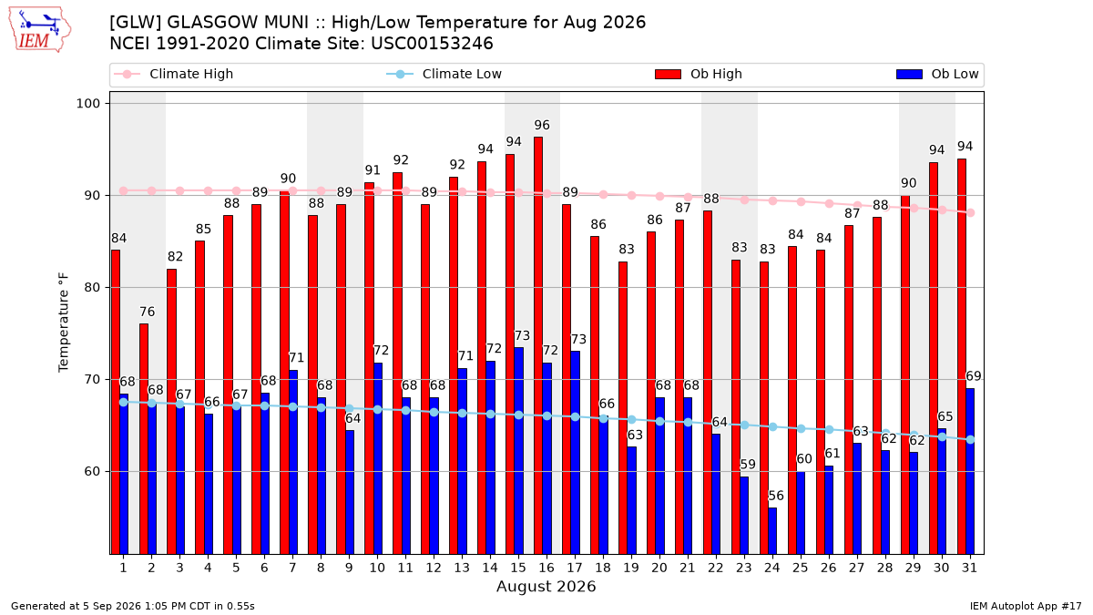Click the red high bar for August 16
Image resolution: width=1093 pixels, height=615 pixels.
tap(537, 345)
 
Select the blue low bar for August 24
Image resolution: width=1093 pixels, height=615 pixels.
tap(772, 531)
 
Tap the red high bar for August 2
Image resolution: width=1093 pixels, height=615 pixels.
tap(144, 439)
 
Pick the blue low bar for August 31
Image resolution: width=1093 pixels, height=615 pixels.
tap(969, 471)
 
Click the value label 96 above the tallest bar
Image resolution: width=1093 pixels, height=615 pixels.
tap(542, 126)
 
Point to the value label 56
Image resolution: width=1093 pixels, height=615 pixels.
tap(776, 496)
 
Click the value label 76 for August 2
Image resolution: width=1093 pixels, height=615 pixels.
tap(147, 312)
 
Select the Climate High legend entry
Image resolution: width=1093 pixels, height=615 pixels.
tap(174, 74)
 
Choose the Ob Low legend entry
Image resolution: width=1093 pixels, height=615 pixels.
tap(937, 74)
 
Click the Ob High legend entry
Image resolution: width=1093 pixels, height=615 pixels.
tap(699, 74)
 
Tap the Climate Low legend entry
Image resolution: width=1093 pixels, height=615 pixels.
tap(444, 74)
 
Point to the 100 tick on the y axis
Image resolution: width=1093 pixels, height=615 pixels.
tap(87, 104)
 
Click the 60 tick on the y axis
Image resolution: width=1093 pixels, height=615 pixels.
tap(92, 472)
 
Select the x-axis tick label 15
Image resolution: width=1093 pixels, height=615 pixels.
tap(518, 569)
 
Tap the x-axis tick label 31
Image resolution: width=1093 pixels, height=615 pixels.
tap(969, 569)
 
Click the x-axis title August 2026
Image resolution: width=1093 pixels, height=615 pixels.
tap(546, 587)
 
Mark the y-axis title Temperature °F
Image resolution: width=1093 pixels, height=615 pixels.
tap(64, 323)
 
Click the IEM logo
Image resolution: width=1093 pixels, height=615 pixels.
tap(39, 30)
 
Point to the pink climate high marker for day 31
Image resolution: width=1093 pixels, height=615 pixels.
tap(971, 213)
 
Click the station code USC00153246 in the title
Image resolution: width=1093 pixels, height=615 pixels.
tap(432, 44)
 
